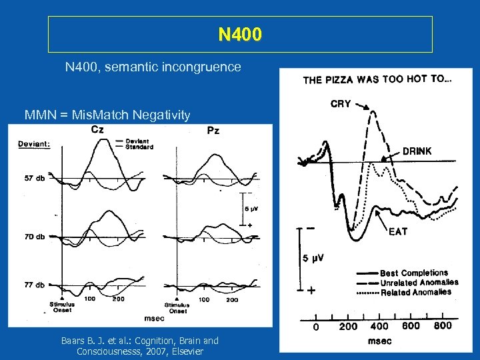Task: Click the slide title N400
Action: (240, 34)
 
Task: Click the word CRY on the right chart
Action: (341, 105)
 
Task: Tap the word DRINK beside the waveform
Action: (417, 151)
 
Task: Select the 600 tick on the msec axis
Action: (411, 325)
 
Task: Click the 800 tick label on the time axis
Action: (443, 325)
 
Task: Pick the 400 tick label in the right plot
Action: (379, 326)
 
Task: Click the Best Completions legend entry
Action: (413, 273)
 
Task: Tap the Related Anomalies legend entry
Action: (415, 292)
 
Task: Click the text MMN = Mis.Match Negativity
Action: (107, 115)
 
